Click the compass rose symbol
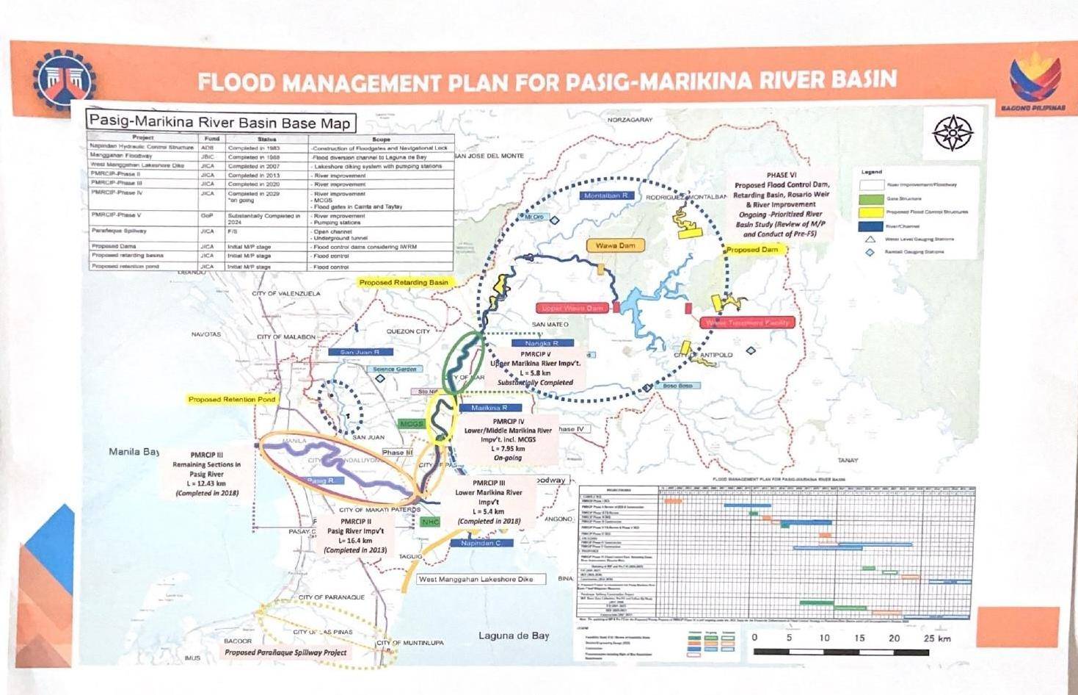coord(953,132)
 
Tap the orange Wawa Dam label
coord(615,245)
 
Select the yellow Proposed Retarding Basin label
coord(403,282)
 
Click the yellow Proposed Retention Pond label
coord(232,399)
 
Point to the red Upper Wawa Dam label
coord(572,308)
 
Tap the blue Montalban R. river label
coord(606,196)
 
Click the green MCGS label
coord(411,424)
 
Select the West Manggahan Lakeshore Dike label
coord(481,579)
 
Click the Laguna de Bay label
coord(513,635)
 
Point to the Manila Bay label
coord(134,452)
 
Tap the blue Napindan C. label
coord(481,543)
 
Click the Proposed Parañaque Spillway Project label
coord(285,652)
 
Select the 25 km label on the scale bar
coord(936,638)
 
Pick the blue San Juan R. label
coord(360,352)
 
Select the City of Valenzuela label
coord(286,293)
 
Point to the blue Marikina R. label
coord(489,408)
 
